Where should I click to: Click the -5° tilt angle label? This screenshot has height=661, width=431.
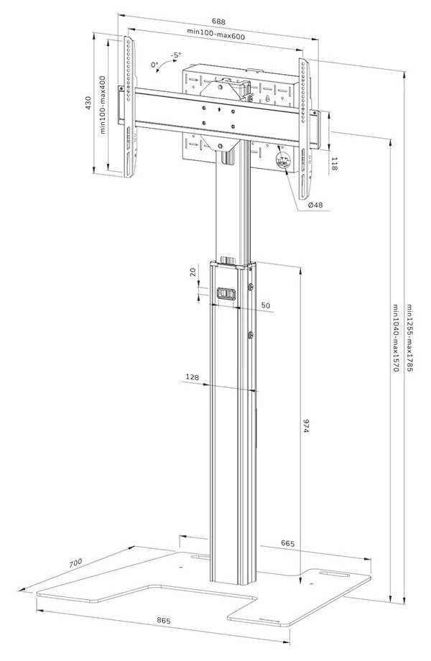176,55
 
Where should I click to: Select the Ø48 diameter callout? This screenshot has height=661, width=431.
315,205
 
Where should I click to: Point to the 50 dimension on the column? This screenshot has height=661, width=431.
266,306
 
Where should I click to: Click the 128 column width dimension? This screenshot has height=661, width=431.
192,377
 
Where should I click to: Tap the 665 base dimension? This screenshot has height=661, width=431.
287,544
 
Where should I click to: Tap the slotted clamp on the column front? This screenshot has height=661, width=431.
226,293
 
